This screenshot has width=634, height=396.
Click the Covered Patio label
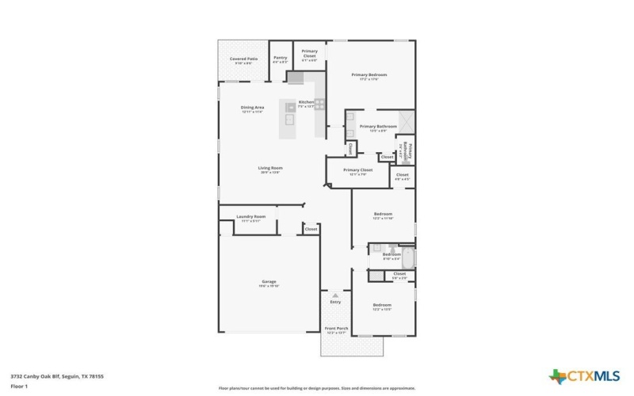point(243,59)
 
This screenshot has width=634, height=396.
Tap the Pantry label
point(280,57)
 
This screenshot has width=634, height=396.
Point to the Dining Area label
point(252,107)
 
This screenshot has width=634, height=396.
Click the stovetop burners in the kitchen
point(320,103)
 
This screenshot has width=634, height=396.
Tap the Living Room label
point(270,168)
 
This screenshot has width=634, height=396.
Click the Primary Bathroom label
point(378,127)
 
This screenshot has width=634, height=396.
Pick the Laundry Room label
point(251,216)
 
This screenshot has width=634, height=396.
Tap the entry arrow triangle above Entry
point(335,295)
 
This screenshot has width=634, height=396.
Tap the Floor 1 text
point(19,386)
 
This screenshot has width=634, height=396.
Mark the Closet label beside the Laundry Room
point(311,229)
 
